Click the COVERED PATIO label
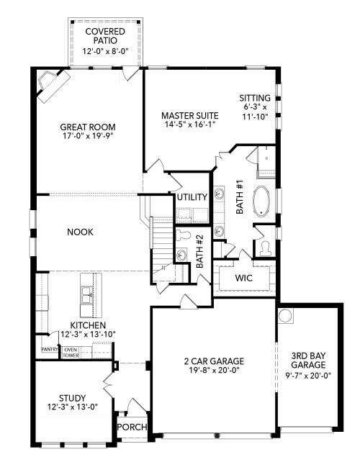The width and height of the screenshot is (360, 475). tap(105, 36)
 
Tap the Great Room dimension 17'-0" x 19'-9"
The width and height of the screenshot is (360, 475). tap(88, 136)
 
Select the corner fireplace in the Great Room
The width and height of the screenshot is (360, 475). tap(53, 86)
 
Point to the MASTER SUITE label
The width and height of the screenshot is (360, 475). tap(189, 115)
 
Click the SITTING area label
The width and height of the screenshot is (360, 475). tap(255, 98)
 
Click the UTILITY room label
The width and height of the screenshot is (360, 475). tap(192, 197)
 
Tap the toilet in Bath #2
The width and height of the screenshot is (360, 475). tap(183, 235)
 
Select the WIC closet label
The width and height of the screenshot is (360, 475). tap(243, 278)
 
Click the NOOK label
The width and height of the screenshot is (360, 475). tap(81, 232)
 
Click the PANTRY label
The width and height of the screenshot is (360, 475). tap(50, 349)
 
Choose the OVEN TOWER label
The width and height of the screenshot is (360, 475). tap(71, 353)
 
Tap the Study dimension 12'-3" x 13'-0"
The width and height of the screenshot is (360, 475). tap(73, 407)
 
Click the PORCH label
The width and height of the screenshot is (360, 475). tap(132, 427)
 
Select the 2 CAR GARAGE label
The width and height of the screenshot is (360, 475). tap(214, 361)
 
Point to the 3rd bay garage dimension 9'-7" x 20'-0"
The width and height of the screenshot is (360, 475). tap(308, 376)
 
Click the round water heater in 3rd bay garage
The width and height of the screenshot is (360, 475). tap(285, 316)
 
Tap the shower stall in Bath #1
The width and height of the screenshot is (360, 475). tap(266, 162)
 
